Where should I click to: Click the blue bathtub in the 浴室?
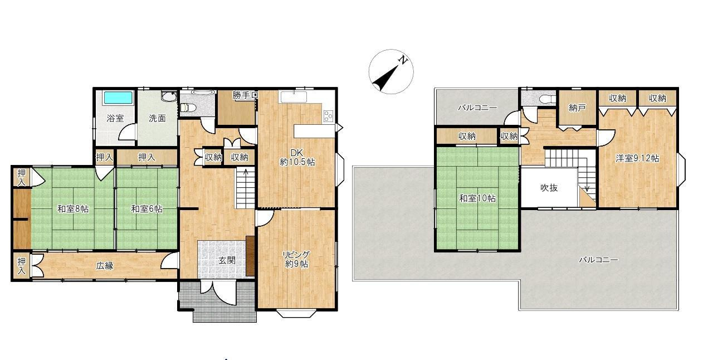(118, 98)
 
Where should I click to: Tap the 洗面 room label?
(157, 118)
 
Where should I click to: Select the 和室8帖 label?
(73, 209)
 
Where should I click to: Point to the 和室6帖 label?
(147, 209)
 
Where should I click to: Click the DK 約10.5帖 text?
(297, 158)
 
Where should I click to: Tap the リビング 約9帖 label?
(296, 259)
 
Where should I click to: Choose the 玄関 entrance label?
(227, 260)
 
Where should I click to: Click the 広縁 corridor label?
(105, 266)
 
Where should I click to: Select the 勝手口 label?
(245, 95)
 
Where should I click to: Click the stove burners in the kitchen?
(328, 116)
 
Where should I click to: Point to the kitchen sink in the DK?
(294, 97)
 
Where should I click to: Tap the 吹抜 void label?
(549, 188)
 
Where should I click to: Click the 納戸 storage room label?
(577, 108)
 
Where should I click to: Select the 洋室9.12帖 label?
(637, 158)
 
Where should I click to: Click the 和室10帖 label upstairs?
(477, 198)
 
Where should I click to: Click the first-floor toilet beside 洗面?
(189, 108)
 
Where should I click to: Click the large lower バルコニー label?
(599, 260)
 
